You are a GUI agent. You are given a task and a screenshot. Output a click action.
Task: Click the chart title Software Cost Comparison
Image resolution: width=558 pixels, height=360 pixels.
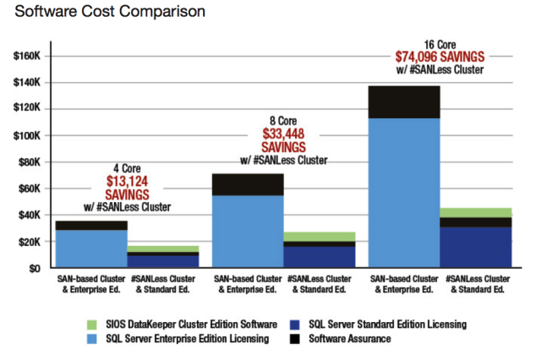click(103, 13)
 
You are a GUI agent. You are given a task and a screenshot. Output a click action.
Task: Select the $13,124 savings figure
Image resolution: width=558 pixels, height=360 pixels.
click(127, 181)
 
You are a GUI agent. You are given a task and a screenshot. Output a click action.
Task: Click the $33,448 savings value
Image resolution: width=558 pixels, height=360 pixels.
click(283, 134)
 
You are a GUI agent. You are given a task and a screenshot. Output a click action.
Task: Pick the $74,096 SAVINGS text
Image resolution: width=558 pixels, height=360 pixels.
click(439, 57)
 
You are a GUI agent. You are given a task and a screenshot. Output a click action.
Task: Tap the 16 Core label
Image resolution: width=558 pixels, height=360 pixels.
click(440, 44)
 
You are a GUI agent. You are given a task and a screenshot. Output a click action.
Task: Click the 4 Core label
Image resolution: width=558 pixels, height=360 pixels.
click(127, 168)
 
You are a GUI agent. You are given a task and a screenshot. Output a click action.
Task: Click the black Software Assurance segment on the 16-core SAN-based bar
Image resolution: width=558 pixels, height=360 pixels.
click(404, 102)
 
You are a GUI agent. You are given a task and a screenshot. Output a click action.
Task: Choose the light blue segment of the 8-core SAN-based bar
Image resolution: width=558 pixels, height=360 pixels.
click(248, 232)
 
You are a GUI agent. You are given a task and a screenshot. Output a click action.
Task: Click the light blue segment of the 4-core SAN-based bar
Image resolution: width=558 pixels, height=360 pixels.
click(91, 248)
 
